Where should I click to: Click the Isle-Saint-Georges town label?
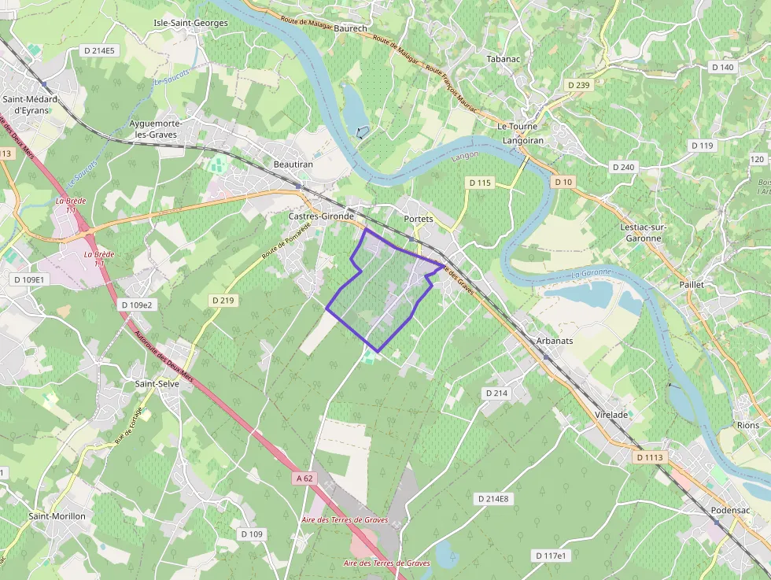(x=190, y=23)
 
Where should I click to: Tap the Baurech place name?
(x=350, y=28)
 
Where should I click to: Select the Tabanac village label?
(x=504, y=59)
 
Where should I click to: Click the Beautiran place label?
(x=293, y=164)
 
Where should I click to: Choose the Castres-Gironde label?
(x=322, y=216)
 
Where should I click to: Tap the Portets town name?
(x=418, y=218)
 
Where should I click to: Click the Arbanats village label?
(x=554, y=342)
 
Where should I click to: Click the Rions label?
(x=748, y=425)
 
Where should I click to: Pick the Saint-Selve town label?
(x=157, y=383)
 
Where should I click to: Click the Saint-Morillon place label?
(x=57, y=516)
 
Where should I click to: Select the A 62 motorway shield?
(x=305, y=478)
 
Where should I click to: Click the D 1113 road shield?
(x=651, y=456)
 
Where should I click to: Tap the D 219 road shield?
(x=223, y=301)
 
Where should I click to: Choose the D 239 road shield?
(x=577, y=85)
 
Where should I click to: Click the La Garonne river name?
(x=592, y=274)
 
